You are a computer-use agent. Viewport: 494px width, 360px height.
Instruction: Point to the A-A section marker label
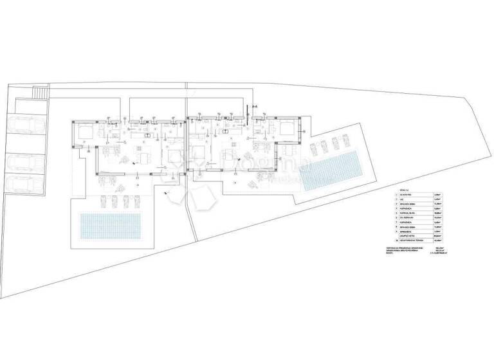click(255, 105)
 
